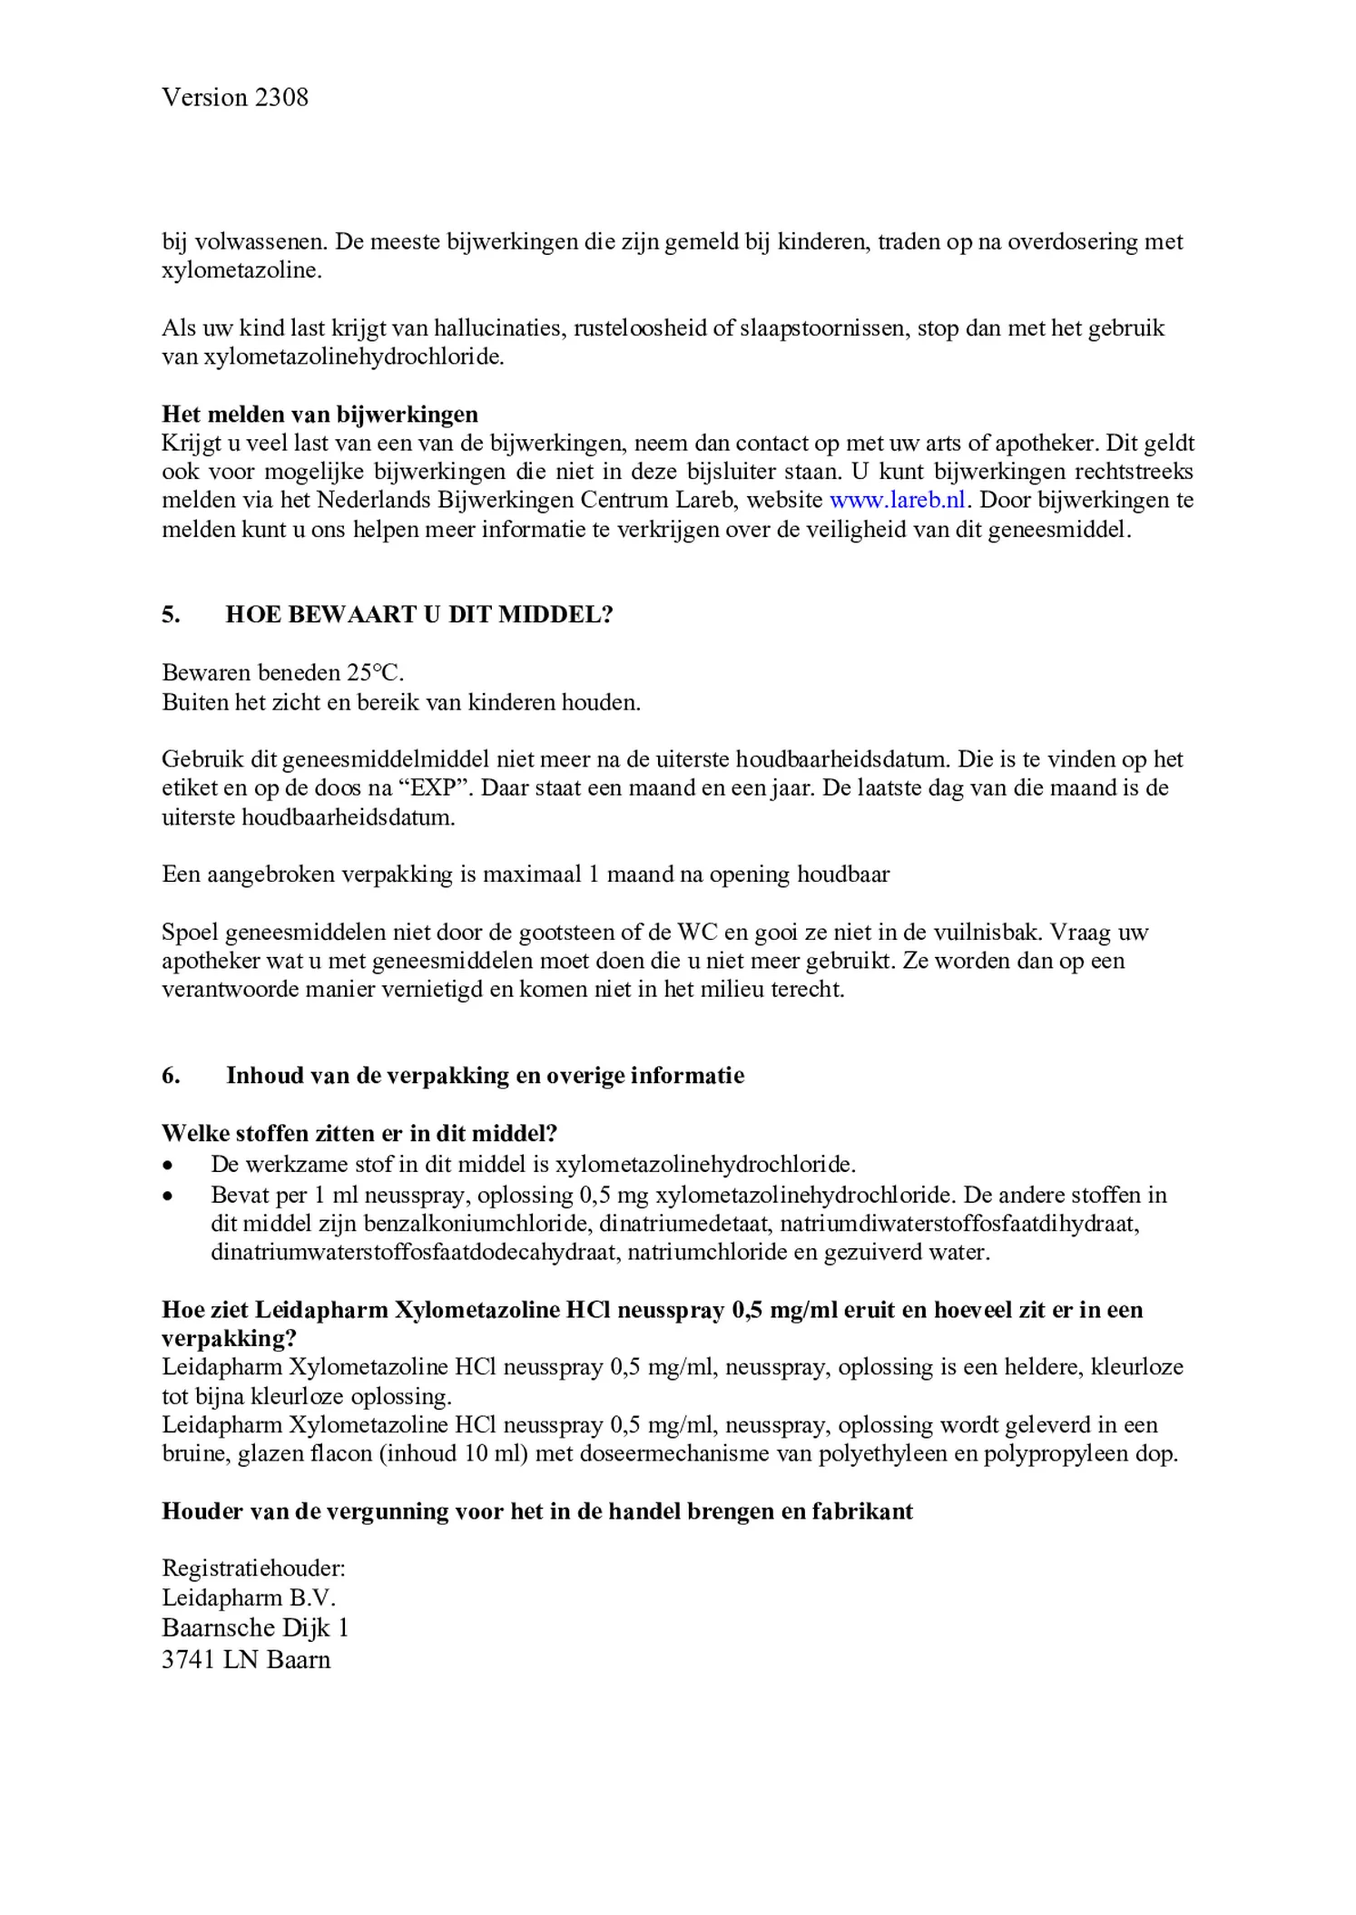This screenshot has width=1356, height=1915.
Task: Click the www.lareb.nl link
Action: tap(898, 500)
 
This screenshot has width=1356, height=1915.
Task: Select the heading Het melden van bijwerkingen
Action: tap(319, 415)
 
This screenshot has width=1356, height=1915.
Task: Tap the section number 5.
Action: tap(171, 615)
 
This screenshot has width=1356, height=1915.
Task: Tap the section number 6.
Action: tap(171, 1076)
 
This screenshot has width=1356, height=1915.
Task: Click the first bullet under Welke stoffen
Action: tap(168, 1165)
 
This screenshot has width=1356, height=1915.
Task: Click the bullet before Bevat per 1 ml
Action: tap(168, 1196)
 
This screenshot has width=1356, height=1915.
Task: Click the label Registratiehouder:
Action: tap(253, 1568)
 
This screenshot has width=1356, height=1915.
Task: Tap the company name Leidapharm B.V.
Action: tap(249, 1597)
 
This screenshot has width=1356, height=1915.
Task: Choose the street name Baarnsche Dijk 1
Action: tap(255, 1627)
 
